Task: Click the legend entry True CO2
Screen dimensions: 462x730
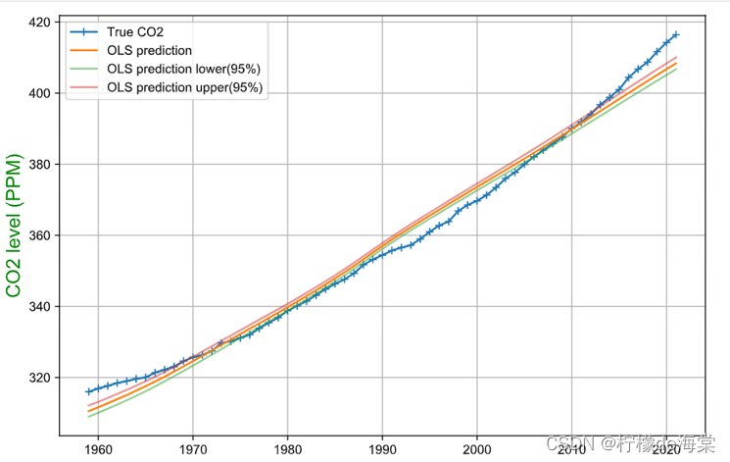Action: [134, 31]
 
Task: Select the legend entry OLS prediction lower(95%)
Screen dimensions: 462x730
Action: [185, 70]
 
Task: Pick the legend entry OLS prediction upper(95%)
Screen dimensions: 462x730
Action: [185, 88]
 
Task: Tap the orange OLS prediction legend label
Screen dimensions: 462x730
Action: [149, 50]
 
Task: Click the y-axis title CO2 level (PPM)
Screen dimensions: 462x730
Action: [14, 225]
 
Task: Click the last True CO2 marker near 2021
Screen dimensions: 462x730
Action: [676, 34]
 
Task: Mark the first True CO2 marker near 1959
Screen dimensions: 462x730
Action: [88, 391]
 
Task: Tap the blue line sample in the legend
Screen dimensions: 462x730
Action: [85, 31]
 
